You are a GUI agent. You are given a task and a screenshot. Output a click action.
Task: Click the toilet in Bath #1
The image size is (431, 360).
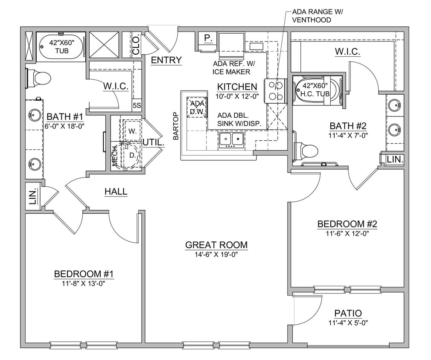click(39, 78)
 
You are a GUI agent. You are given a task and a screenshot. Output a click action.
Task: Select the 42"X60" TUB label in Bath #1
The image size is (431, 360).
click(61, 46)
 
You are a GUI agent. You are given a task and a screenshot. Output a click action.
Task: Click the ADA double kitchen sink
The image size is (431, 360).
click(231, 139)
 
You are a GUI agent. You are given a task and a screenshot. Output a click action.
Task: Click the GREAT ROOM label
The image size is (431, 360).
click(216, 245)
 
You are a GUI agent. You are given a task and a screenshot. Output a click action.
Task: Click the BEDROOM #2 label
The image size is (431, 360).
click(347, 224)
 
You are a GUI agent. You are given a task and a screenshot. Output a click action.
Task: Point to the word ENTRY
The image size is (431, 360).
click(166, 60)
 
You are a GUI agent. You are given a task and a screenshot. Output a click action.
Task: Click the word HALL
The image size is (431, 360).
click(116, 192)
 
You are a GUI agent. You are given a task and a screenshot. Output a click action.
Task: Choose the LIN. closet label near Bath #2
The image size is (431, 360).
click(395, 160)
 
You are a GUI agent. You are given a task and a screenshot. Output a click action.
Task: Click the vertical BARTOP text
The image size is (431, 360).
click(175, 126)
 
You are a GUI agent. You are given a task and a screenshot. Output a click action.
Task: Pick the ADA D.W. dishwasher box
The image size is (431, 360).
click(197, 108)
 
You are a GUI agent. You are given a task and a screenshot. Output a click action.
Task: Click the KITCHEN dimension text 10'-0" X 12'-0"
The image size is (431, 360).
click(237, 96)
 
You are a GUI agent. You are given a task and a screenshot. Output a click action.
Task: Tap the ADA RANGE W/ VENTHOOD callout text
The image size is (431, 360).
click(317, 16)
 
